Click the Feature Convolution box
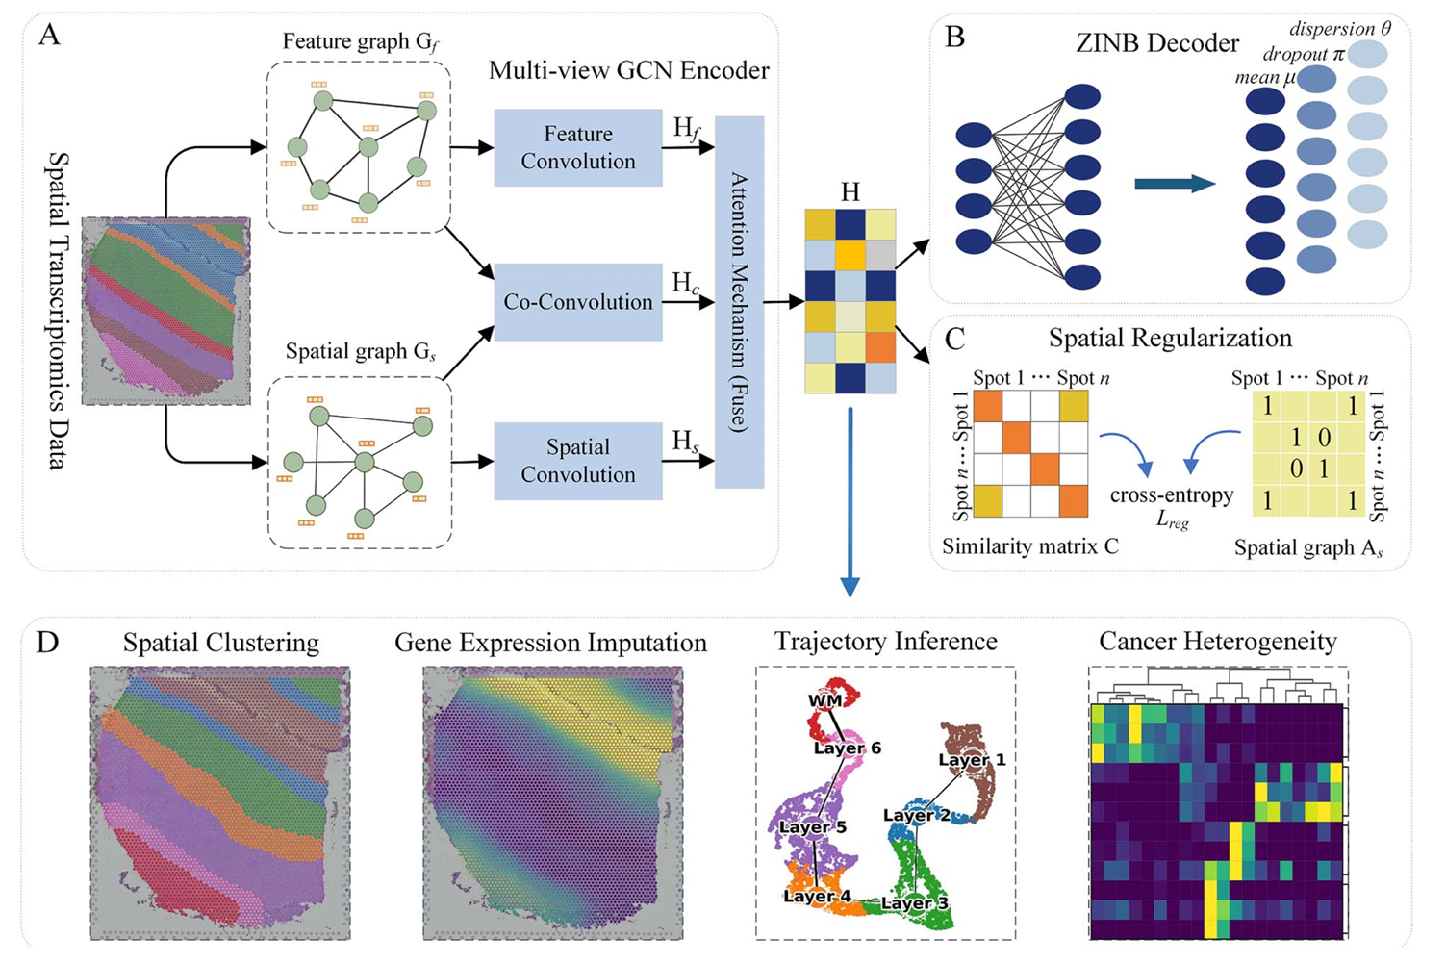point(577,147)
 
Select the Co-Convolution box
point(577,302)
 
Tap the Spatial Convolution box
point(577,461)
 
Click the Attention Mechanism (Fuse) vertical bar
point(739,302)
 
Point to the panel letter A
point(48,37)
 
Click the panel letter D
point(48,643)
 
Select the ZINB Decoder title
point(1157,43)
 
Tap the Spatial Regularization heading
point(1170,339)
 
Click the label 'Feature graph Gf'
point(361,42)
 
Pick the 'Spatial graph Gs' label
point(361,352)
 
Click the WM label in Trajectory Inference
point(825,701)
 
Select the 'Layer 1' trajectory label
point(972,760)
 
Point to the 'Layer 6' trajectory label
point(847,748)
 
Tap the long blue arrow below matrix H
point(850,500)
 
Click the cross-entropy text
point(1171,495)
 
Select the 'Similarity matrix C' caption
point(1030,547)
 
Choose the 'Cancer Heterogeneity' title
point(1217,642)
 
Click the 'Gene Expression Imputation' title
point(550,643)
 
